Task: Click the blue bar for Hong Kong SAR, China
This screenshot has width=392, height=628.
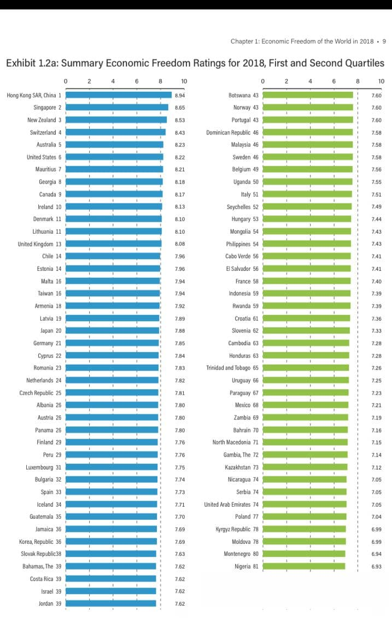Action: tap(119, 95)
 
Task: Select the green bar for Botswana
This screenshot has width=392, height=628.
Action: tap(308, 95)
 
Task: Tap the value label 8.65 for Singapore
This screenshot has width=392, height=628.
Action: tap(180, 108)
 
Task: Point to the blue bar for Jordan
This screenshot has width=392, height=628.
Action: tap(111, 603)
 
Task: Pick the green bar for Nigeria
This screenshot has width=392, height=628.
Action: tap(304, 566)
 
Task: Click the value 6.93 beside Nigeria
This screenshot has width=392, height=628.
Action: tap(376, 566)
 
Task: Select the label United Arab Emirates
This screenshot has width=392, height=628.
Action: tap(227, 505)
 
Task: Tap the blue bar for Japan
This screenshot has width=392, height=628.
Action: tap(113, 331)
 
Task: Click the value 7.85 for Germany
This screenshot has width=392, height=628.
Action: tap(180, 343)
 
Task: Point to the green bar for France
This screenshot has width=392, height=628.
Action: tap(307, 281)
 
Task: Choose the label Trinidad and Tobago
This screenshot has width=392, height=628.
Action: tap(229, 368)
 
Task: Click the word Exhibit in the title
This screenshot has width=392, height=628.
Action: tap(21, 63)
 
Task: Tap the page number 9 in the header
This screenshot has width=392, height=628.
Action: tap(384, 41)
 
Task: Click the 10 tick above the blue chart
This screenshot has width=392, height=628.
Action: tap(184, 81)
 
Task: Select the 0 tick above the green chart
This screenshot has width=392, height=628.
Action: tap(263, 81)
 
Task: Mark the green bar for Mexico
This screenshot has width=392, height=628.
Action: tap(306, 405)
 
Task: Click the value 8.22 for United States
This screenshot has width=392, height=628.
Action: tap(180, 157)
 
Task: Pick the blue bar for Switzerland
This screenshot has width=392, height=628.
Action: tap(116, 132)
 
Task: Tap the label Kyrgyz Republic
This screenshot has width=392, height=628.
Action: tap(233, 529)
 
